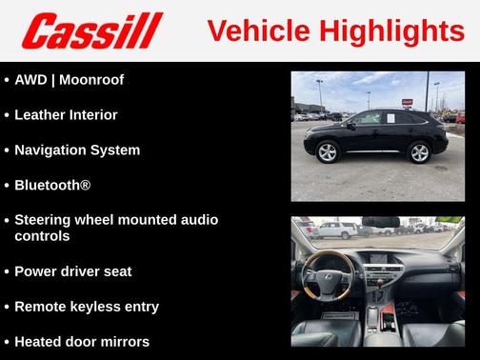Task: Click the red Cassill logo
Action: tap(92, 30)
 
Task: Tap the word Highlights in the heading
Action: tap(390, 30)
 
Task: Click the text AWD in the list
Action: tap(31, 79)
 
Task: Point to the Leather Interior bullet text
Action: tap(66, 114)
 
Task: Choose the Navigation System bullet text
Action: tap(77, 150)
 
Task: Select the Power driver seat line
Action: tap(72, 271)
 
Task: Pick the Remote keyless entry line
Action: tap(87, 307)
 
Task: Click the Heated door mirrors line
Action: tap(82, 341)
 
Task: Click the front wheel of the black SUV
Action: tap(328, 151)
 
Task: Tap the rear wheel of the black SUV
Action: tap(419, 151)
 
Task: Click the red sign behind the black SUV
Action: tap(408, 100)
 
